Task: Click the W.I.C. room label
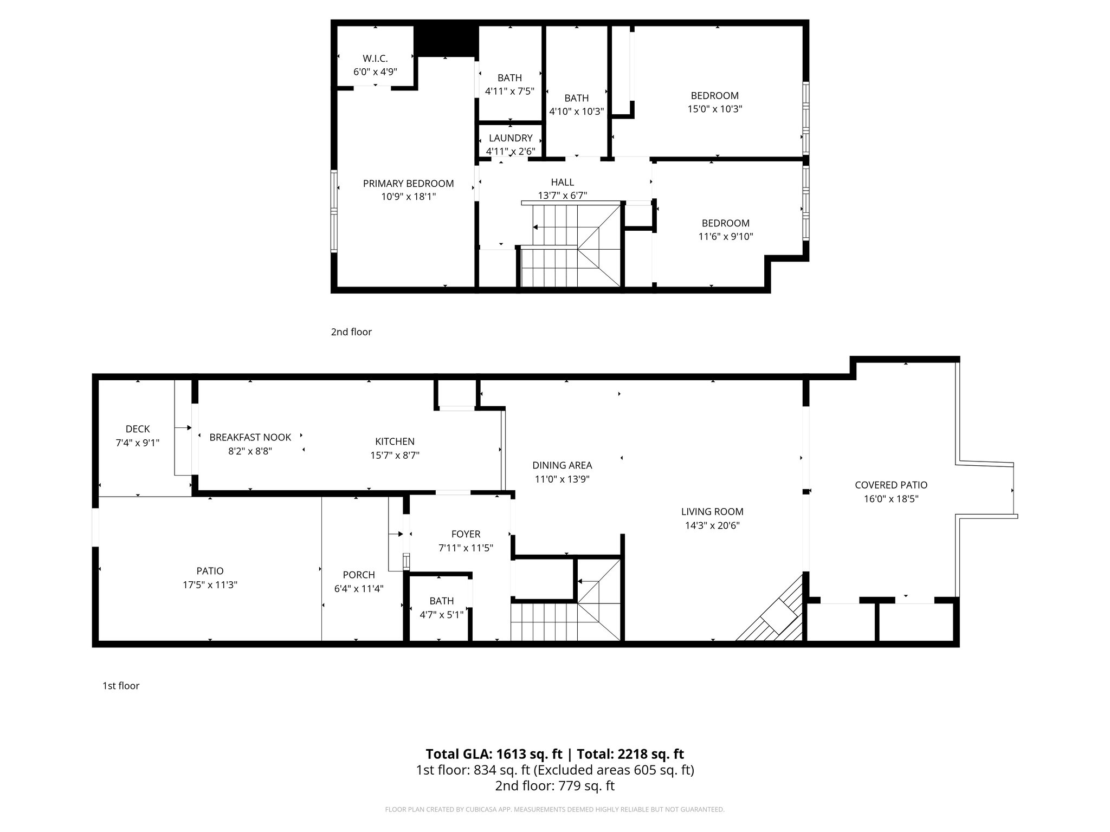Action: click(375, 58)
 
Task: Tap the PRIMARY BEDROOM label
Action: click(408, 184)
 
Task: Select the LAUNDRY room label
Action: click(511, 138)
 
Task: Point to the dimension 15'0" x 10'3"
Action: click(714, 109)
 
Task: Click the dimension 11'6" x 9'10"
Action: click(725, 237)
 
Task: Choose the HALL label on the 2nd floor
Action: click(563, 183)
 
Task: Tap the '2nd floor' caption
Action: click(351, 332)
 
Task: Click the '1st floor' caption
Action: click(121, 686)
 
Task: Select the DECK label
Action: click(138, 429)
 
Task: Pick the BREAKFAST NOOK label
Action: click(250, 437)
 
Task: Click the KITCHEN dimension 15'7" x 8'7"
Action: click(395, 456)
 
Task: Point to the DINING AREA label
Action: click(562, 465)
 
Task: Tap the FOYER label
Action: click(466, 534)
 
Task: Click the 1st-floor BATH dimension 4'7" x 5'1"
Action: click(442, 615)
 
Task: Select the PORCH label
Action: click(359, 575)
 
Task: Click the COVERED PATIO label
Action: click(891, 485)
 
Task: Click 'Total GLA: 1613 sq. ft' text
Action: click(494, 754)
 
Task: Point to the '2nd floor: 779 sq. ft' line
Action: click(554, 786)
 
